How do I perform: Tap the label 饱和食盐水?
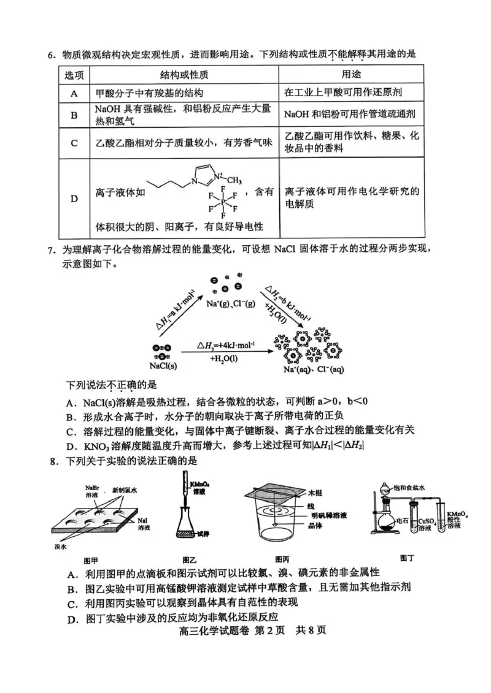click(420, 482)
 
